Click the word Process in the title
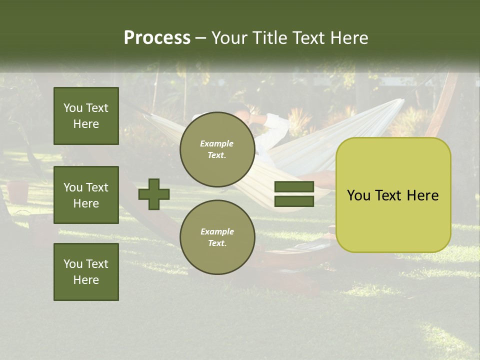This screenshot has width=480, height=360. [157, 38]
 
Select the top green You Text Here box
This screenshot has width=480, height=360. [86, 116]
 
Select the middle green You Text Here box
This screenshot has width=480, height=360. [86, 195]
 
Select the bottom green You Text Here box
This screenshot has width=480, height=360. [86, 272]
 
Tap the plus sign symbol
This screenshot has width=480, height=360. [154, 194]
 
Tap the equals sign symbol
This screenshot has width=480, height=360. [294, 194]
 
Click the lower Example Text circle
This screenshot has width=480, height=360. [217, 237]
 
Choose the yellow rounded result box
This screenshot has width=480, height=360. [393, 195]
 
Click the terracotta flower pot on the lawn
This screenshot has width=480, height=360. [18, 191]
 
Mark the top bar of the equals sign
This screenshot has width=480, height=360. [294, 187]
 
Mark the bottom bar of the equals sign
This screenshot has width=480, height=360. [294, 201]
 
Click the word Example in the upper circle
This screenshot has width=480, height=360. [217, 143]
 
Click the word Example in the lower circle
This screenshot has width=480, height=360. [217, 231]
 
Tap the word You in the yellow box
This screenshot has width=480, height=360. [358, 195]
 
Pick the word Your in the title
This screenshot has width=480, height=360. [229, 38]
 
